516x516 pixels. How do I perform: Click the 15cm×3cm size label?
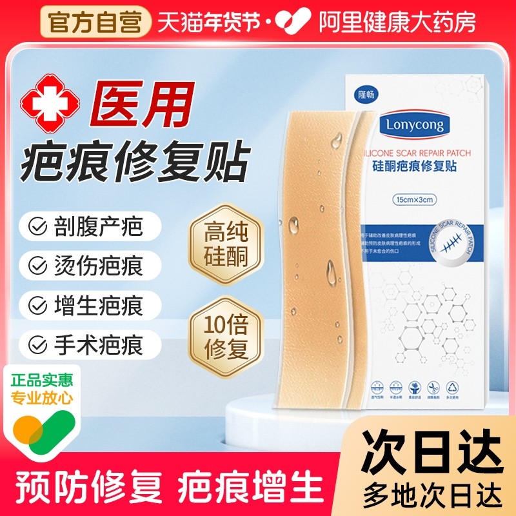click(x=415, y=200)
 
